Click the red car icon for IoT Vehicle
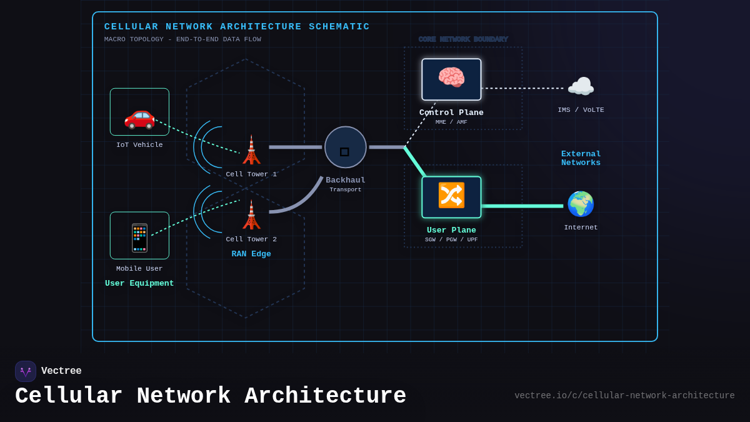(x=139, y=116)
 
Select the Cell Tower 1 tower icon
(x=251, y=150)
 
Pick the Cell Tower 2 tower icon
(x=251, y=215)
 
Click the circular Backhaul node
(x=345, y=147)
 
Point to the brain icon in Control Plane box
(x=451, y=78)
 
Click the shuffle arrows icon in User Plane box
(x=451, y=196)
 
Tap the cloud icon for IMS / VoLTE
(x=581, y=87)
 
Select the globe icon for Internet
(x=581, y=204)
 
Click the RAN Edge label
(x=251, y=254)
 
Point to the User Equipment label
(x=139, y=283)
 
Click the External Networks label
(x=581, y=158)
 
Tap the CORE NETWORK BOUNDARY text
(x=463, y=39)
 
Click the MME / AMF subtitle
(x=451, y=123)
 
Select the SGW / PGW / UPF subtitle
(x=451, y=240)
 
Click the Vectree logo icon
(x=26, y=371)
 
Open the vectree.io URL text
(x=624, y=396)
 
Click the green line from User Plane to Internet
(x=522, y=206)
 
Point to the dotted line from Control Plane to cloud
(x=522, y=88)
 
